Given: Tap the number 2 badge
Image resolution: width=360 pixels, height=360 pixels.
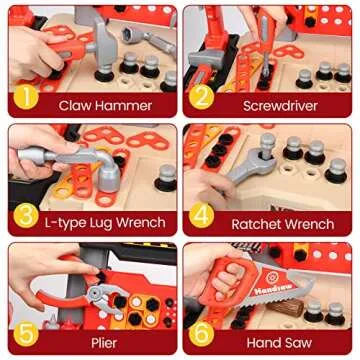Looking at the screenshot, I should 203,97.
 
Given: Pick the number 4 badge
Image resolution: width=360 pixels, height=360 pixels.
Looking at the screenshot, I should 203,215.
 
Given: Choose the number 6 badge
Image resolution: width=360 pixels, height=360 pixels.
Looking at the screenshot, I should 203,333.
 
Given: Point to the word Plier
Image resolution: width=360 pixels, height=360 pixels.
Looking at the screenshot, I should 103,342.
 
